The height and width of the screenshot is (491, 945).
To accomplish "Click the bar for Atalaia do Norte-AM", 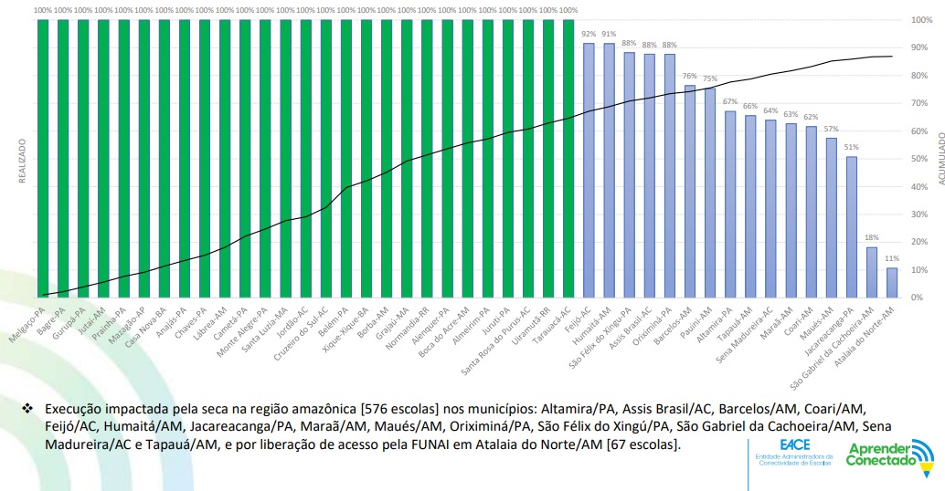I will [x=891, y=282].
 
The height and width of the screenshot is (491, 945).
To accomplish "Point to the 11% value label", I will [x=892, y=259].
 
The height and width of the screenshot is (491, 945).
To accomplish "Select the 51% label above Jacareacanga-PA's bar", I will [x=851, y=147].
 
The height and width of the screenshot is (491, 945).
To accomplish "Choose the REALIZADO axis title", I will [x=21, y=161].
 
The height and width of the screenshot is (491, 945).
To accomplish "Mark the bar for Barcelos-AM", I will [x=689, y=191].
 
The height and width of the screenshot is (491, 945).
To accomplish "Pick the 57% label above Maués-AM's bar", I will [x=831, y=129].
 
